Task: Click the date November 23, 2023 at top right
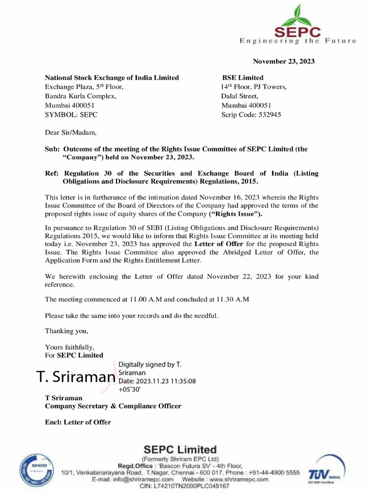pos(284,61)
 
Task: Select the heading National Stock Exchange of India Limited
pos(112,78)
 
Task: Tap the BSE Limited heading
pos(243,78)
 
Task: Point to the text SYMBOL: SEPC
pos(71,115)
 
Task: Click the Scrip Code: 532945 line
pos(251,115)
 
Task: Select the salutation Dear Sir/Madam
pos(71,132)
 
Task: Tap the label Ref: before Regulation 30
pos(52,173)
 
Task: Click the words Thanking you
pos(67,331)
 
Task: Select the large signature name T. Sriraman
pos(76,377)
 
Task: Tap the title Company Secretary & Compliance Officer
pos(113,406)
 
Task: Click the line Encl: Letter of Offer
pos(78,422)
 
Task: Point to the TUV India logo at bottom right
pos(329,468)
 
